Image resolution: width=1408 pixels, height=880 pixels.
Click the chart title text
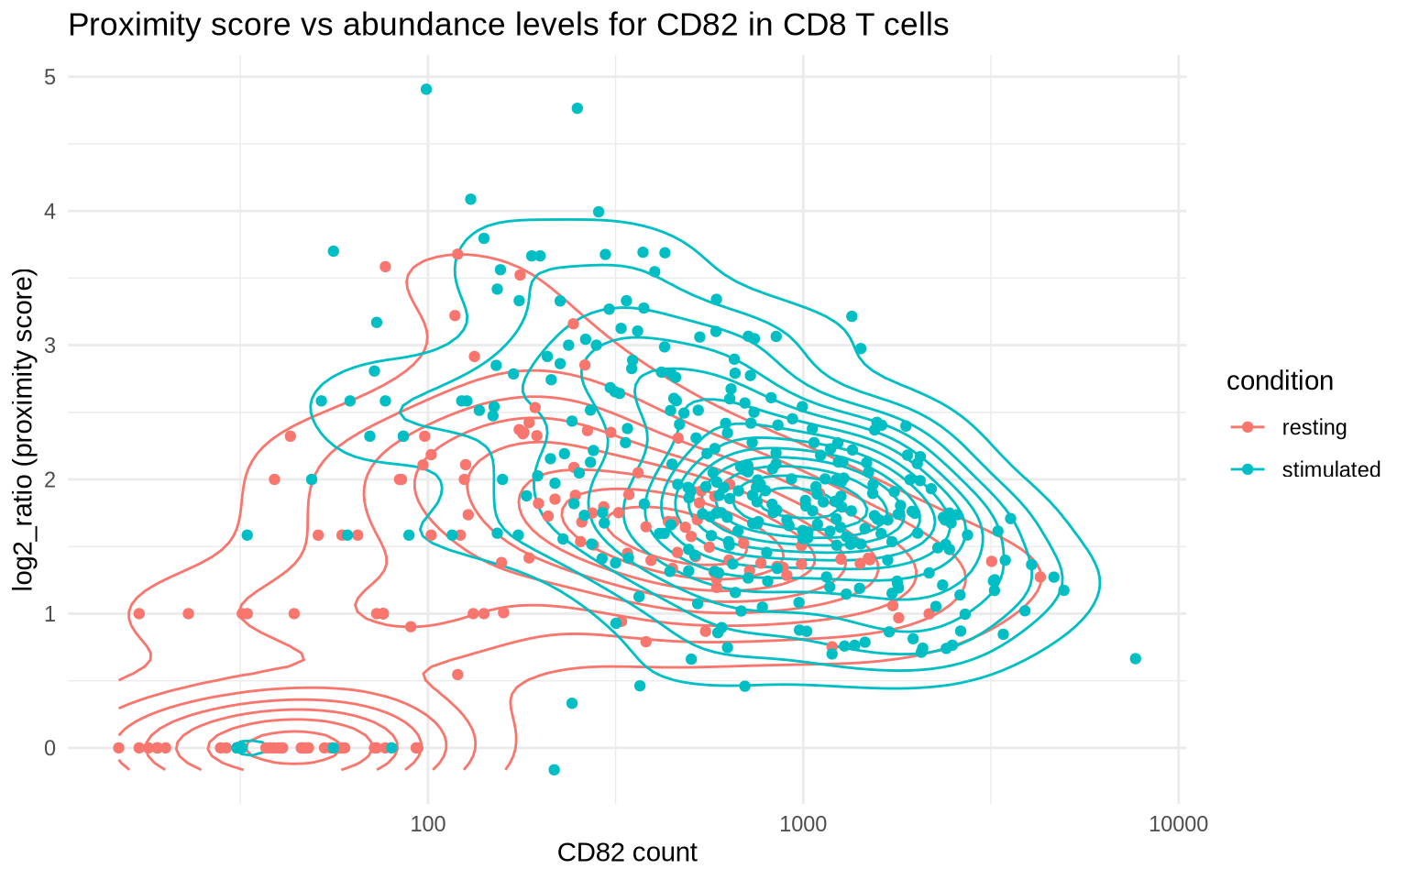click(x=508, y=25)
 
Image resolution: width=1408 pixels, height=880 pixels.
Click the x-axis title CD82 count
click(x=627, y=852)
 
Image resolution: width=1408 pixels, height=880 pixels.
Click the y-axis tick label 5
click(x=49, y=77)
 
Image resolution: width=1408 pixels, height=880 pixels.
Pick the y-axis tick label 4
click(x=49, y=212)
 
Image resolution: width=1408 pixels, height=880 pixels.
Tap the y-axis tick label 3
click(x=49, y=346)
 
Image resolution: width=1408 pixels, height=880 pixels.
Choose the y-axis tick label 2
click(x=49, y=479)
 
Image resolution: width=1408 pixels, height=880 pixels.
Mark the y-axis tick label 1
click(x=49, y=614)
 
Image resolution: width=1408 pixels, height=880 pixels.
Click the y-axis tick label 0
click(x=49, y=748)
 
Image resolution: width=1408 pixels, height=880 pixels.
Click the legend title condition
click(x=1280, y=381)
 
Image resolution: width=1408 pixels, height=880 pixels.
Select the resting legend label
click(x=1314, y=427)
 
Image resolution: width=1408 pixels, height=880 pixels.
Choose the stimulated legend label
click(x=1330, y=470)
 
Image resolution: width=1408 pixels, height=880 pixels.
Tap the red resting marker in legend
click(x=1248, y=427)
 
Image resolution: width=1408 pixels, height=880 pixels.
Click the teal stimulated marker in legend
click(x=1248, y=470)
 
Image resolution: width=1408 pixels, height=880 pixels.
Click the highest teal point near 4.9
click(x=426, y=89)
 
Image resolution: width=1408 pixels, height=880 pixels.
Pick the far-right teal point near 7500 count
click(x=1136, y=658)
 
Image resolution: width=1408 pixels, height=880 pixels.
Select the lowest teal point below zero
click(x=554, y=769)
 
